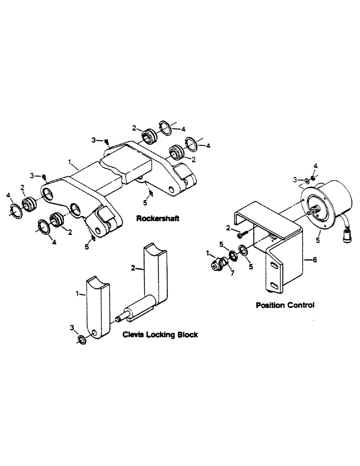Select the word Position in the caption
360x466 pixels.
(x=271, y=306)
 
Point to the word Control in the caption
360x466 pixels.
(x=301, y=306)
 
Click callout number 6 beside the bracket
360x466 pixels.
(x=315, y=262)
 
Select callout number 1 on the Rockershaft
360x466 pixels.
(x=70, y=163)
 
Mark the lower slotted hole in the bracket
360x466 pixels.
(x=277, y=286)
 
